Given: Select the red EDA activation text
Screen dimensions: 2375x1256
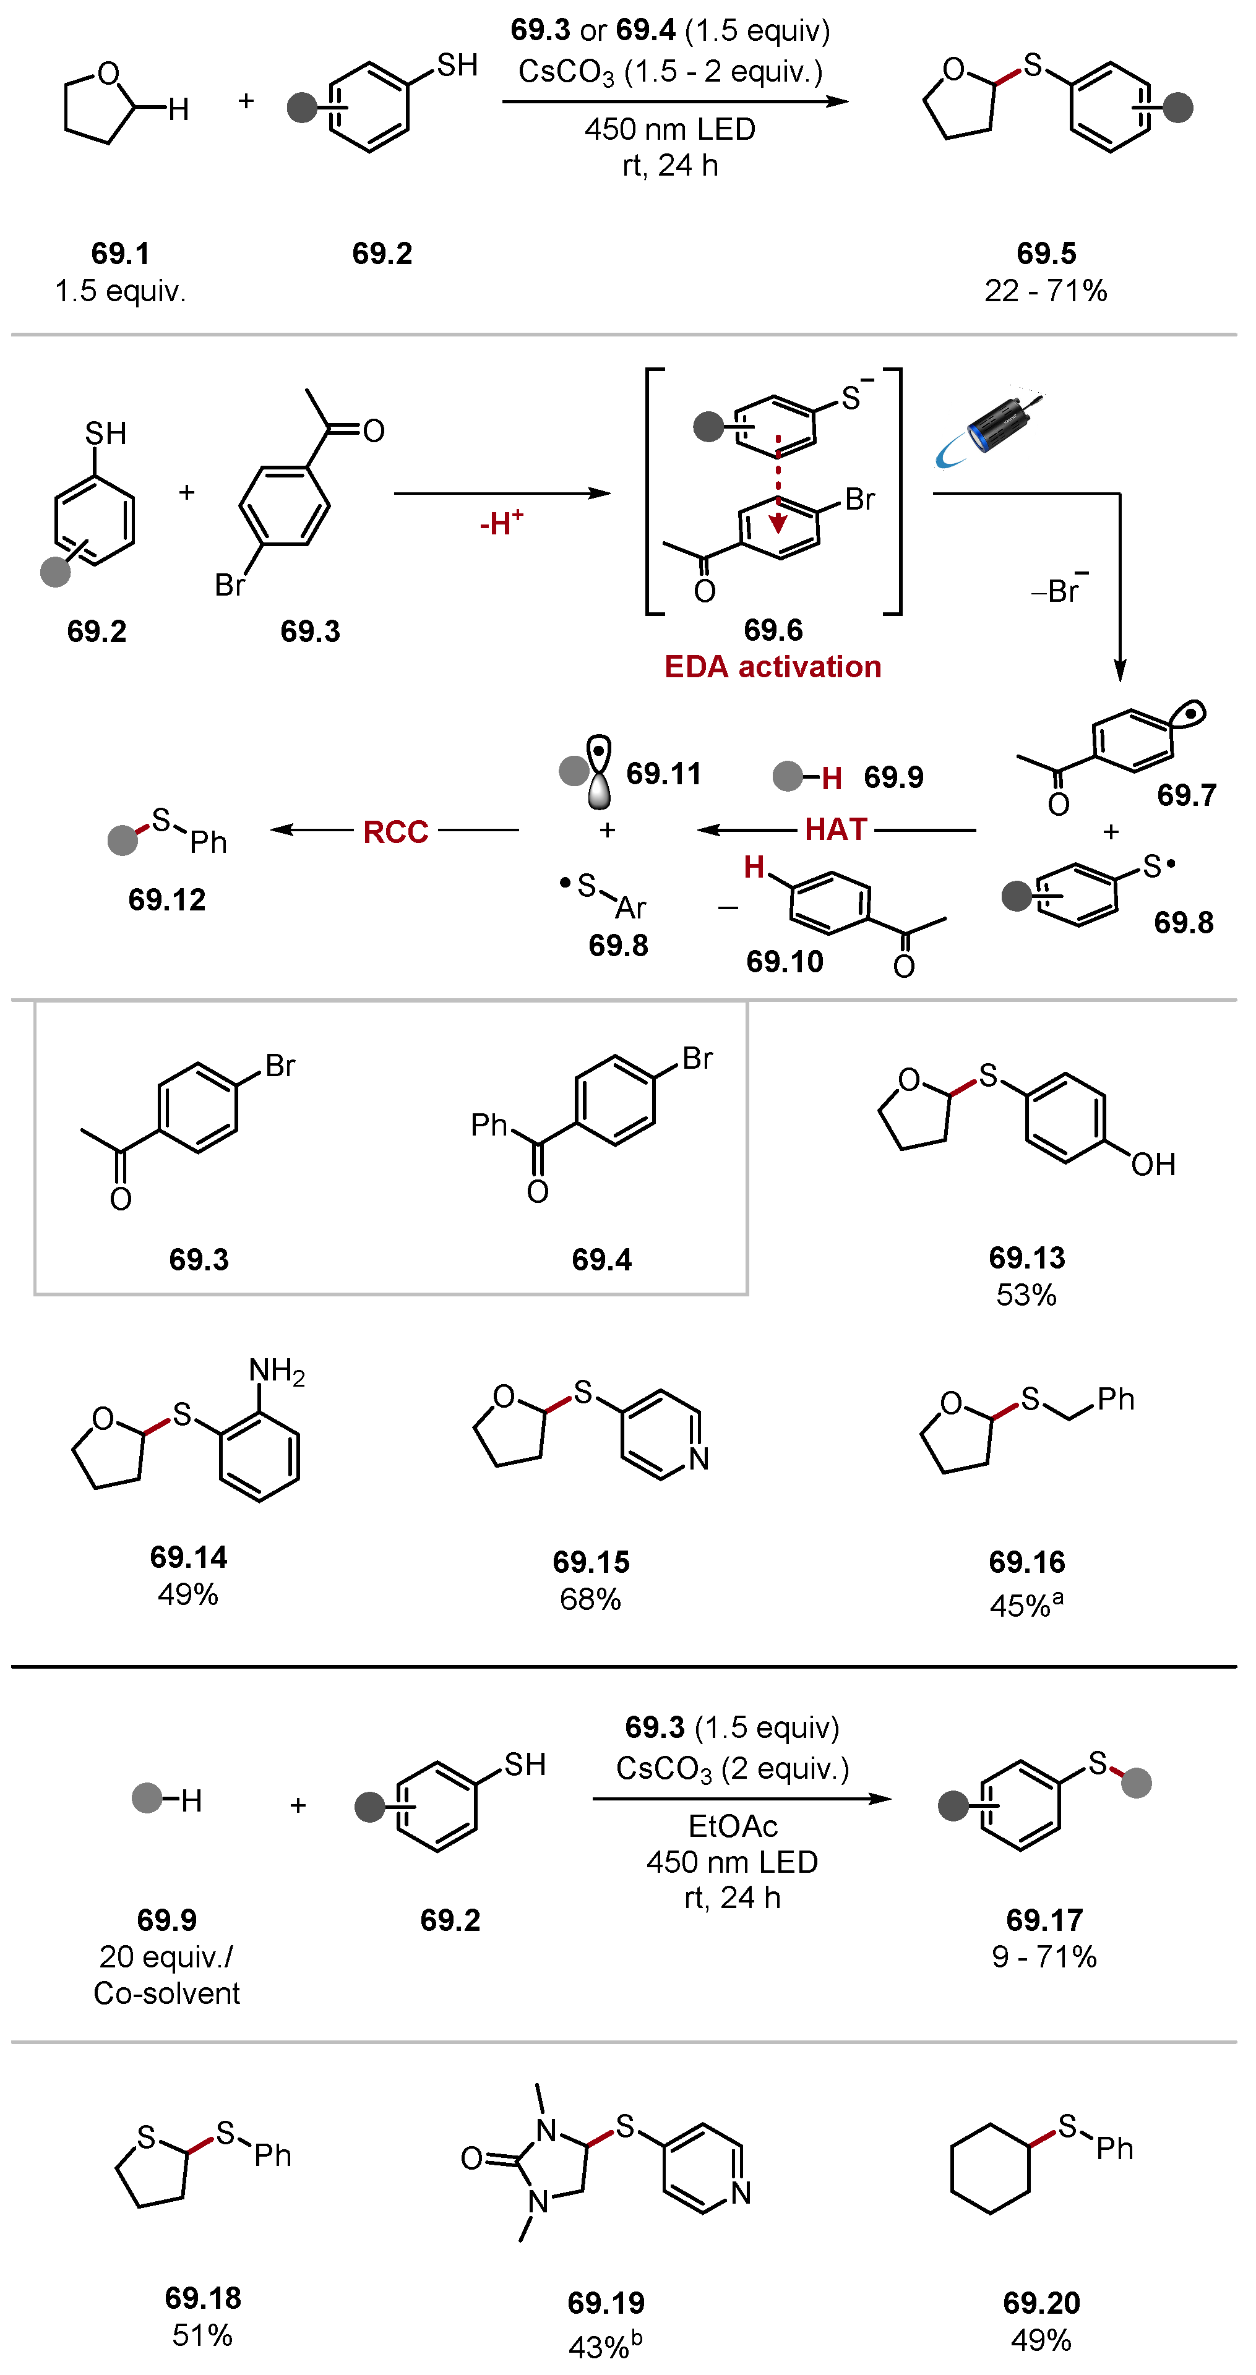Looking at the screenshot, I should point(773,667).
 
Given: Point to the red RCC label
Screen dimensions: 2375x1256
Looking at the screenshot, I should point(395,832).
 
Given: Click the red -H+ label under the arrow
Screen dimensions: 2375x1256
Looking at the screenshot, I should point(501,523).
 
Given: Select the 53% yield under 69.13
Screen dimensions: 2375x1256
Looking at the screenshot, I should point(1025,1294).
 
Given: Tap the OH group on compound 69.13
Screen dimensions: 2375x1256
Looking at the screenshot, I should point(1153,1165).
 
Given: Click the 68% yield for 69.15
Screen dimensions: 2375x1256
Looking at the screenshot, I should point(590,1599).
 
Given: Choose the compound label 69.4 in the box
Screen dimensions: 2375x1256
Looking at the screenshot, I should point(601,1259).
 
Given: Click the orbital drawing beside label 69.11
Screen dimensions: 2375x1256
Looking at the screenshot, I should point(600,772).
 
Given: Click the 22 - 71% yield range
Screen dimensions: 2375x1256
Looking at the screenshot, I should point(1046,291).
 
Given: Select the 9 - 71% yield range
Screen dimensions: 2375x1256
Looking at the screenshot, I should point(1044,1956).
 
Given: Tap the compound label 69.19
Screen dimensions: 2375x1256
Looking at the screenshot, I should point(606,2303).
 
